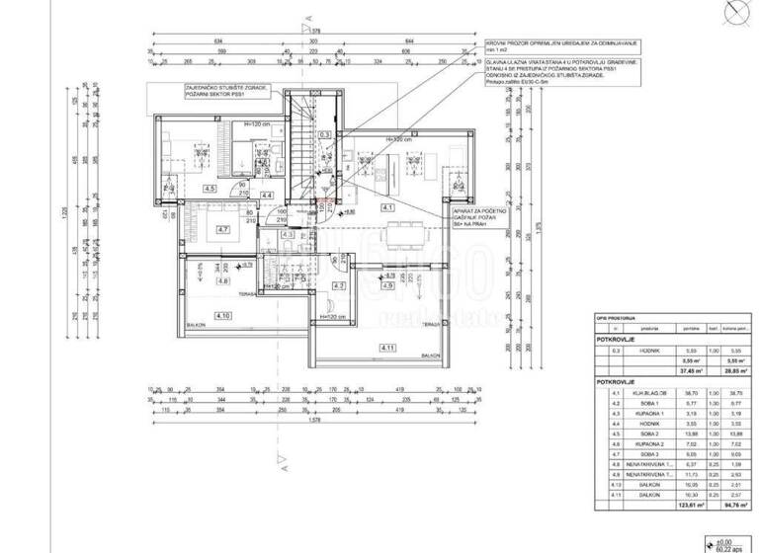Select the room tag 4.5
[x=210, y=188]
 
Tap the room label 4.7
[x=223, y=230]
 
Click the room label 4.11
[x=387, y=349]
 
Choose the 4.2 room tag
[x=338, y=286]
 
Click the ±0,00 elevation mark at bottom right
[x=724, y=541]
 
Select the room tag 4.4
[x=267, y=196]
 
